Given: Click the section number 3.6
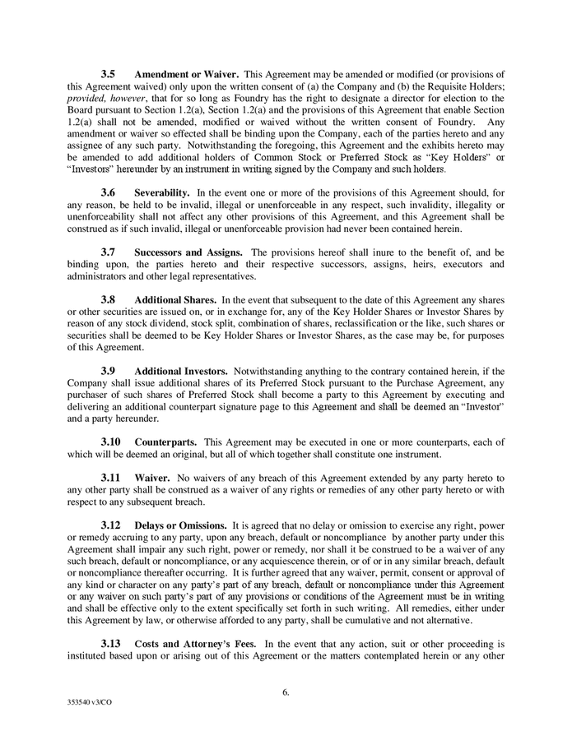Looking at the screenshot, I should click(108, 191).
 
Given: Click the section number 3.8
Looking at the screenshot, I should click(108, 300).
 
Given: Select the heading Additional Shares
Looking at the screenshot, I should click(175, 300).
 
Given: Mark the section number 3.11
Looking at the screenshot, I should click(110, 478).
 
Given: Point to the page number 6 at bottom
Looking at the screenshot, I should click(286, 692).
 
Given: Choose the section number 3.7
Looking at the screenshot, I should click(108, 252).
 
